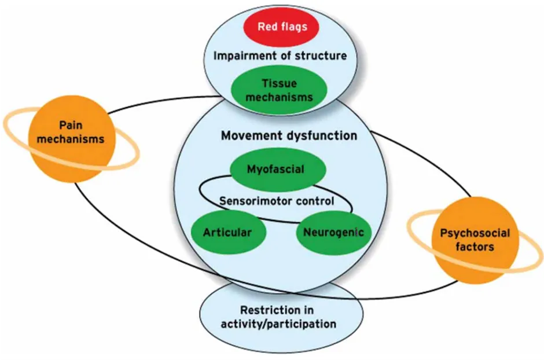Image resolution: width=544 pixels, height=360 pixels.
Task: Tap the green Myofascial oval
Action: [x=275, y=169]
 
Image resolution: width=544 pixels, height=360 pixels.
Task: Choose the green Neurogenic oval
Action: [x=333, y=233]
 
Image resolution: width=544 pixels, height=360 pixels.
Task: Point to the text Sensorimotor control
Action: [x=276, y=201]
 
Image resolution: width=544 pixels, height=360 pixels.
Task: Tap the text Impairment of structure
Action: [x=280, y=56]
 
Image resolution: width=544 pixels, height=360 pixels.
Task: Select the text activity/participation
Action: [x=278, y=324]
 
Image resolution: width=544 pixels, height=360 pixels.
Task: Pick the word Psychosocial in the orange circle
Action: [x=466, y=234]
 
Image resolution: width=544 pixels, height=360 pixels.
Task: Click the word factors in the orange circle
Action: [x=466, y=247]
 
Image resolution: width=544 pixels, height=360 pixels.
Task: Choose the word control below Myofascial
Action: [x=317, y=201]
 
